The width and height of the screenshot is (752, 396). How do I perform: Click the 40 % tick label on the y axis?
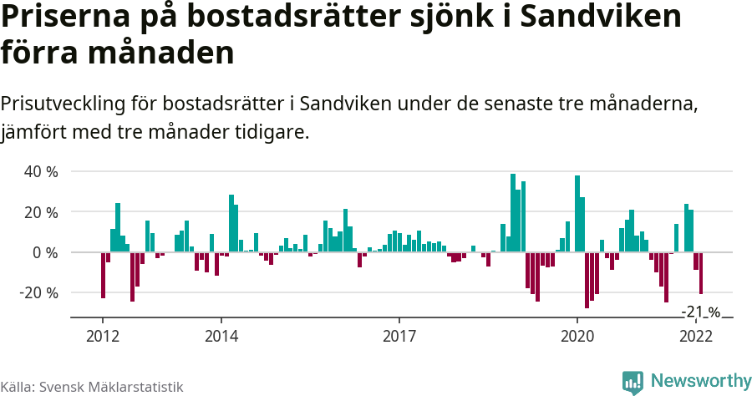pos(40,172)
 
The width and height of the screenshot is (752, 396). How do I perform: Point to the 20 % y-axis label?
pos(40,212)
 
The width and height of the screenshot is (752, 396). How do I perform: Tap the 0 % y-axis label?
pos(44,252)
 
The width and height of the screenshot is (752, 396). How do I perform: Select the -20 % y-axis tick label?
pos(38,293)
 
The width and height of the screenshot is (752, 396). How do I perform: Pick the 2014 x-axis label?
pos(221,336)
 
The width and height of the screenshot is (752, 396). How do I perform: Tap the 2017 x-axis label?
pos(399,336)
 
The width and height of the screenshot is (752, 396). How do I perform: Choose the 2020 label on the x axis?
pos(577,336)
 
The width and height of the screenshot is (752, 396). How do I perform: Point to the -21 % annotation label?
pos(700,312)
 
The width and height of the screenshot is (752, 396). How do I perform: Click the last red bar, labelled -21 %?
pos(701,273)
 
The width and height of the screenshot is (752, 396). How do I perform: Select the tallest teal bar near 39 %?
pos(513,213)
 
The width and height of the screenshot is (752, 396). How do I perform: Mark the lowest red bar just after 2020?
pos(587,280)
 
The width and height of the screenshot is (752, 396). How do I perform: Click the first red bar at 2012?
pos(103,275)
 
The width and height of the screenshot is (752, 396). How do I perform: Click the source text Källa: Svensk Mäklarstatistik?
pos(92,387)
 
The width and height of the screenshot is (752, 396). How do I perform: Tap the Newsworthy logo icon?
pos(633,382)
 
